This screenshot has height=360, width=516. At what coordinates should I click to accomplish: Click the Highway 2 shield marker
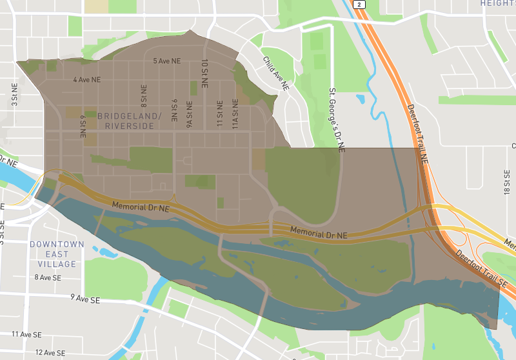[359, 4]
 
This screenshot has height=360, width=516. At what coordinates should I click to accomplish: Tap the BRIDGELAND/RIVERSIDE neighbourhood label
[126, 121]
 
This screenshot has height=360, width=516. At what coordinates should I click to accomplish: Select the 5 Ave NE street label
[166, 61]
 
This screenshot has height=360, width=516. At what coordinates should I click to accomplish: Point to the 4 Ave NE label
[87, 80]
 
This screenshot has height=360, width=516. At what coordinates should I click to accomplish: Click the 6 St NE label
[83, 126]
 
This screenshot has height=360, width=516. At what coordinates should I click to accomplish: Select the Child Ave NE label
[276, 72]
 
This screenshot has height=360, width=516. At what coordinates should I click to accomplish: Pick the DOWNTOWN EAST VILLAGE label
[57, 254]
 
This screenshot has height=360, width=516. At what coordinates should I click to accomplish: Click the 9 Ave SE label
[86, 300]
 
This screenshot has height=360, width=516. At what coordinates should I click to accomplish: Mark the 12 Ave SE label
[50, 353]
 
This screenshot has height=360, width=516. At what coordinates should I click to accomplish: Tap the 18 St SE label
[508, 182]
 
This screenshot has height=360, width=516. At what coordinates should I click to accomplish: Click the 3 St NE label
[14, 94]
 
